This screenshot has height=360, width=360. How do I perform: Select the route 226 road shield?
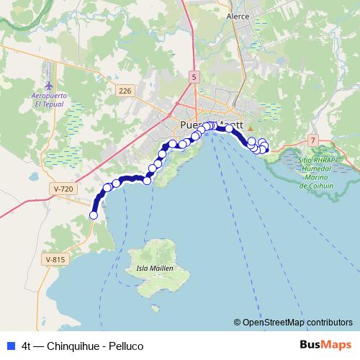click(125, 90)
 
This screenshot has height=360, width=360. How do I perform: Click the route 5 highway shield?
click(194, 76)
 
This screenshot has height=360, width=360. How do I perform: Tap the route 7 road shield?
click(312, 139)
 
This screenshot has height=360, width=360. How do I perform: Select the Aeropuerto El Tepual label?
click(49, 99)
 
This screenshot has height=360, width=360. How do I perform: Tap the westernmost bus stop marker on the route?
click(93, 215)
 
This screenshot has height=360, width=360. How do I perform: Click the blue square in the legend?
click(10, 346)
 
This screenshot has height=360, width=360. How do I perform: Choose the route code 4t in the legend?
click(27, 346)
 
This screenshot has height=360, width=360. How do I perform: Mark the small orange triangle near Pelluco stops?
click(251, 130)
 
